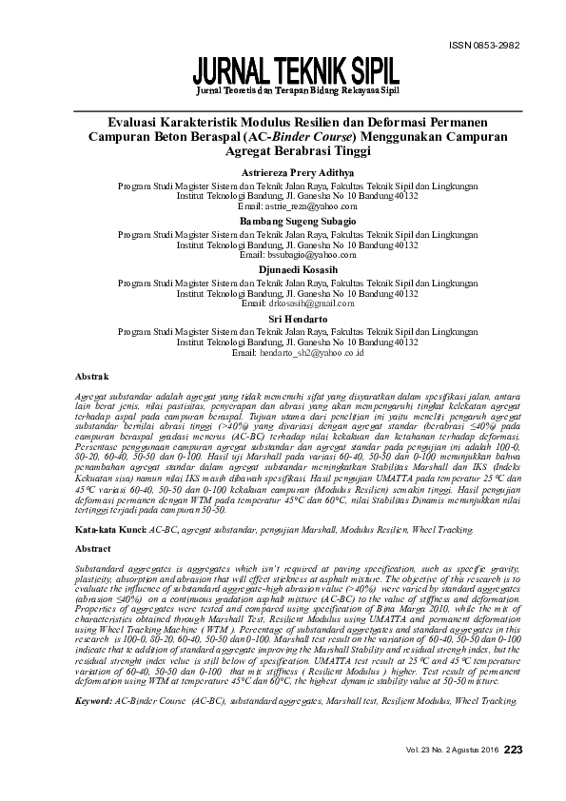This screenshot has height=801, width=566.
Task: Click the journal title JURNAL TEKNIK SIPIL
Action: point(297,71)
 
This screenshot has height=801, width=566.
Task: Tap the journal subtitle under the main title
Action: point(297,91)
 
